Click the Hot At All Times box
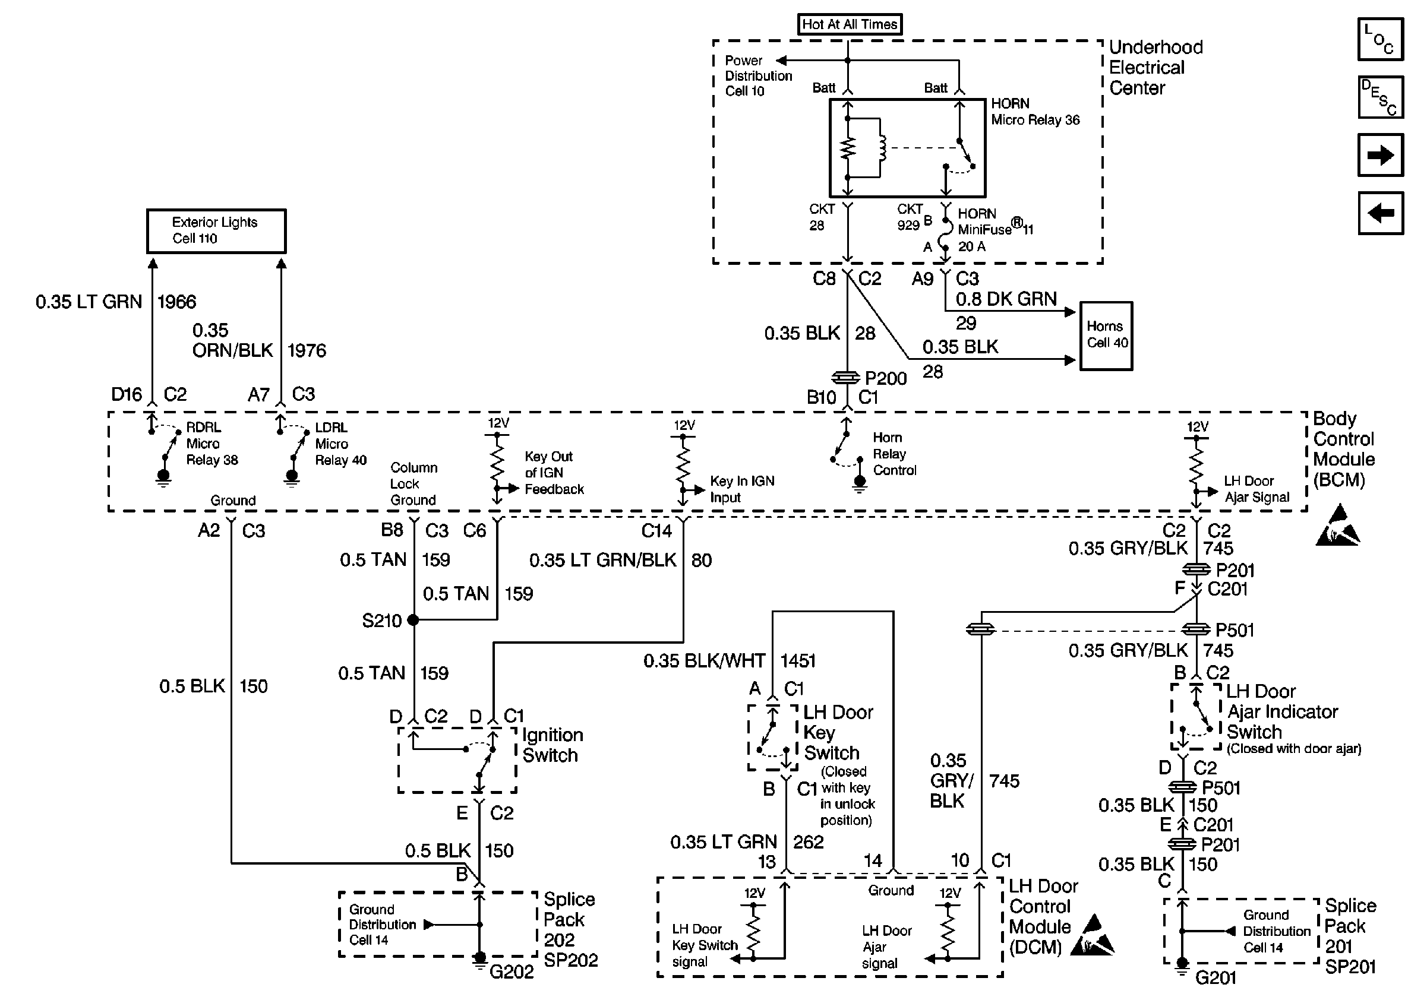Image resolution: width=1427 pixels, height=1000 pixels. pyautogui.click(x=849, y=24)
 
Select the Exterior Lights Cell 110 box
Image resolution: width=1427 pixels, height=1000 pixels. pyautogui.click(x=216, y=230)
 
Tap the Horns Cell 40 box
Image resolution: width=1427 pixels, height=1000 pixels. pyautogui.click(x=1106, y=336)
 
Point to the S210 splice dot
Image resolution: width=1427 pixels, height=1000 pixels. pyautogui.click(x=413, y=620)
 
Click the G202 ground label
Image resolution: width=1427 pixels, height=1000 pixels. pyautogui.click(x=511, y=971)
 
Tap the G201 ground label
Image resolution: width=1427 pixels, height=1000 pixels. pyautogui.click(x=1216, y=977)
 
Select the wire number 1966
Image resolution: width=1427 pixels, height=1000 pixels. pyautogui.click(x=176, y=302)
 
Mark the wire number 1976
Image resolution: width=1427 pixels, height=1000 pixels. pyautogui.click(x=307, y=350)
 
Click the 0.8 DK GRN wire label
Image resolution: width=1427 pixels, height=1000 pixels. pyautogui.click(x=1006, y=299)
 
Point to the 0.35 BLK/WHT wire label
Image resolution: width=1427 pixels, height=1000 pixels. pyautogui.click(x=704, y=660)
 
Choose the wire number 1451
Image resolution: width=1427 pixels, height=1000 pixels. pyautogui.click(x=798, y=660)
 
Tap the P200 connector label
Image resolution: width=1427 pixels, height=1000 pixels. pyautogui.click(x=886, y=378)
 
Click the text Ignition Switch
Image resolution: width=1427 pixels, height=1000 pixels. pyautogui.click(x=553, y=745)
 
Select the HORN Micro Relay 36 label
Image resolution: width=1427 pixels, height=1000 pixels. pyautogui.click(x=1035, y=112)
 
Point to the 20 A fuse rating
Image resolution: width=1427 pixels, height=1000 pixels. pyautogui.click(x=971, y=246)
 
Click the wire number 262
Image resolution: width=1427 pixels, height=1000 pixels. pyautogui.click(x=808, y=841)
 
